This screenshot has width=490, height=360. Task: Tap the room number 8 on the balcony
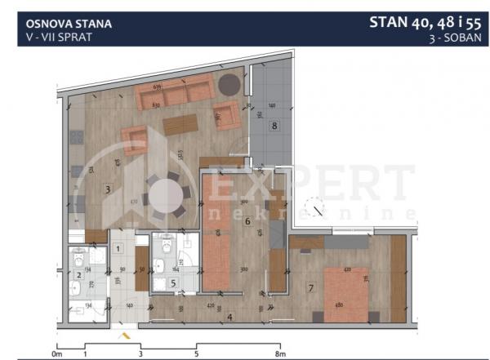[x=274, y=126]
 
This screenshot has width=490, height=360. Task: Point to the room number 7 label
[x=310, y=287]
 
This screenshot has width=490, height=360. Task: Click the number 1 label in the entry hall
[x=118, y=248]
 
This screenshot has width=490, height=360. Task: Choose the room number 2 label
[x=79, y=275]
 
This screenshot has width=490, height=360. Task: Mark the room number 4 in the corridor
[x=229, y=317]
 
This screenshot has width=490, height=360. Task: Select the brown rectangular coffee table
[x=180, y=125]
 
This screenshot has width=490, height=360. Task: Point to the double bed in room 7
[x=347, y=290]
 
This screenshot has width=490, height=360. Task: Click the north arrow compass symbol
[x=312, y=208]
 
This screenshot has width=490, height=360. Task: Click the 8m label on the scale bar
[x=280, y=354]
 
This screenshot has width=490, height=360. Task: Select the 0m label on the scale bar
[x=56, y=354]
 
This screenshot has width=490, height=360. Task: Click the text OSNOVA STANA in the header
[x=64, y=24]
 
